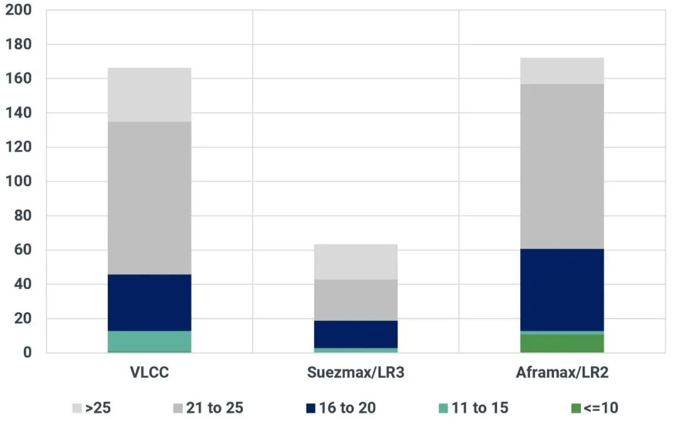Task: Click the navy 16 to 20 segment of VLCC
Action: tap(149, 303)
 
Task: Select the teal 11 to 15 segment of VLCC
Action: tap(149, 341)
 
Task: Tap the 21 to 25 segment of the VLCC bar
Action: tap(149, 198)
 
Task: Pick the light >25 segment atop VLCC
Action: tap(149, 95)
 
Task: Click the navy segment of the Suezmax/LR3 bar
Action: tap(356, 334)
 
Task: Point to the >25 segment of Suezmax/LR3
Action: tap(356, 262)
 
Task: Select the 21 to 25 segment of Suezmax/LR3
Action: tap(356, 300)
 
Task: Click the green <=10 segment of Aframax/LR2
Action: tap(561, 344)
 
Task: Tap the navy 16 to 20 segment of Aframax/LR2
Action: tap(561, 290)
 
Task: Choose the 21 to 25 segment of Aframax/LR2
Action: tap(561, 166)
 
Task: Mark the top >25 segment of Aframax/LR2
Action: tap(561, 71)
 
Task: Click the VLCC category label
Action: tap(149, 372)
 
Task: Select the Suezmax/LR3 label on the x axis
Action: tap(356, 372)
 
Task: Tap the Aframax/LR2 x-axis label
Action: tap(562, 372)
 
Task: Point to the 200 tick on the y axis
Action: tap(19, 10)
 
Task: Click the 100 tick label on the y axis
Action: tap(19, 181)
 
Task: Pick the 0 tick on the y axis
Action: tap(27, 352)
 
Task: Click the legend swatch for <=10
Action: tap(576, 408)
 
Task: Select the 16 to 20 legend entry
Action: tap(341, 407)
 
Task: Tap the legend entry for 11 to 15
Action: tap(473, 407)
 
